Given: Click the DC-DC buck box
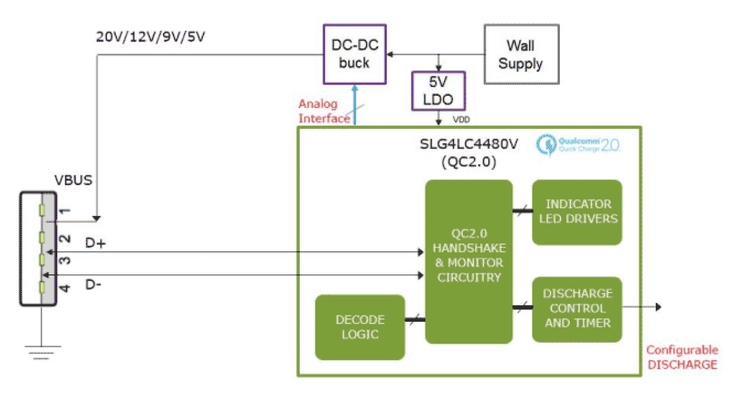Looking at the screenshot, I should [x=355, y=54].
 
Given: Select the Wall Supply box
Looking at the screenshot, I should [x=520, y=54].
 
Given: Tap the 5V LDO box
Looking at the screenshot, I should [x=439, y=91].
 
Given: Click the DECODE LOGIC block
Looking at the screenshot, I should [x=360, y=327].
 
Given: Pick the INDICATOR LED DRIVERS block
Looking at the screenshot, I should [x=577, y=211].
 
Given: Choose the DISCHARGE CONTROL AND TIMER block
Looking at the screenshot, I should [x=577, y=308].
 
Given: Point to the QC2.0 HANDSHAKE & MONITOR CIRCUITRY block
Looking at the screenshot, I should [x=469, y=262].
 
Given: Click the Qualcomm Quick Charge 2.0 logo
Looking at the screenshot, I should [x=579, y=144].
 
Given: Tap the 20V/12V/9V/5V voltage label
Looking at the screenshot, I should [x=150, y=37].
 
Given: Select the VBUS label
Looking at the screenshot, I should [x=72, y=180].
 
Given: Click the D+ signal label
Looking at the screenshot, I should [x=95, y=243].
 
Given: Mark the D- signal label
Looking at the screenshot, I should [x=95, y=285].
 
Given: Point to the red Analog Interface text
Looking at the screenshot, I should [x=324, y=112].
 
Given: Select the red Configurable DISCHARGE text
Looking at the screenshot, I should [x=681, y=357].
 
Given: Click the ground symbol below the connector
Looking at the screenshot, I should [x=41, y=352].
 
